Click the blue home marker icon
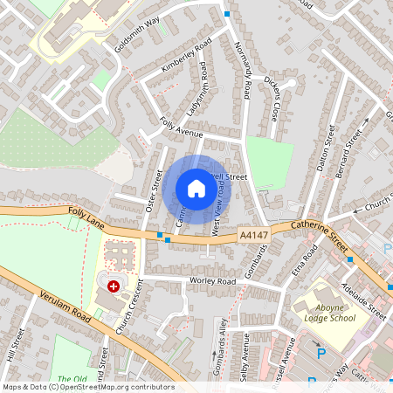tap(196, 189)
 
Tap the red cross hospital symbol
tap(113, 286)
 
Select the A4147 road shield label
tap(252, 236)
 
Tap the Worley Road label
tap(213, 281)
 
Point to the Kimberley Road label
tap(187, 56)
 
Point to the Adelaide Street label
tap(364, 297)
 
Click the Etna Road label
tap(309, 259)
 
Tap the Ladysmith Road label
tap(199, 93)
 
